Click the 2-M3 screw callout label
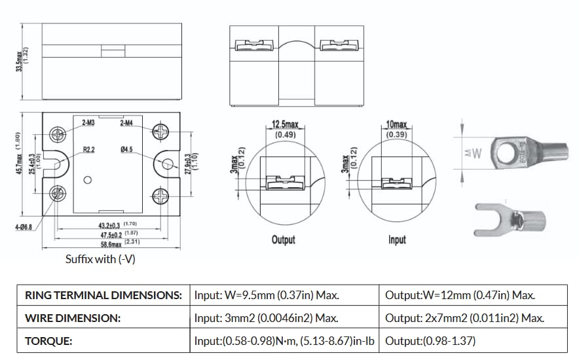point(88,122)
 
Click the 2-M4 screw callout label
point(126,122)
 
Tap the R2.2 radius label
point(89,149)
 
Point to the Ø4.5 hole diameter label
point(127,149)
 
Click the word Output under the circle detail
point(283,240)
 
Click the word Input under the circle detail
point(397,240)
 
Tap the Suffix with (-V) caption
point(100,259)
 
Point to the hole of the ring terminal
point(506,153)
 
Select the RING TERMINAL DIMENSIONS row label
point(103,295)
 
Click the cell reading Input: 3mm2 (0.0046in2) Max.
point(266,318)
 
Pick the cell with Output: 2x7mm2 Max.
point(464,318)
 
